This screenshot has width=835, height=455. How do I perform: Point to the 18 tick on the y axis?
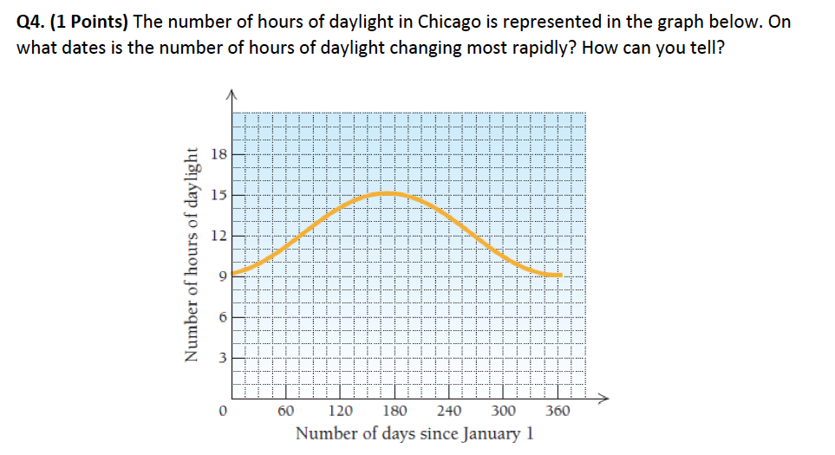(x=219, y=154)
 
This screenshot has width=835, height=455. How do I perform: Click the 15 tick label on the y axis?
(x=219, y=195)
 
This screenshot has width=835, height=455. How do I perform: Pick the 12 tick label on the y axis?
(x=219, y=236)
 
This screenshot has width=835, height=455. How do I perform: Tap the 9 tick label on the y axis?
(x=219, y=276)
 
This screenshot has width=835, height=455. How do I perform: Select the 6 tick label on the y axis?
(x=219, y=316)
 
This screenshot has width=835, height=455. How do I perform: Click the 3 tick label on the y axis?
(x=219, y=356)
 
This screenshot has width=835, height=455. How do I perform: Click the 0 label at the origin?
(x=223, y=411)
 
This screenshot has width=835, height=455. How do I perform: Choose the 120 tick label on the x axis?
(x=341, y=411)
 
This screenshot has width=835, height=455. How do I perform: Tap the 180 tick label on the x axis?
(x=395, y=411)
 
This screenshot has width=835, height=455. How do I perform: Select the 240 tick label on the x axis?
(x=449, y=411)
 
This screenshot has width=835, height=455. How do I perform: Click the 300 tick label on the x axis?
(x=504, y=411)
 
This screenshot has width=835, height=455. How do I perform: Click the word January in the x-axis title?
(x=490, y=433)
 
